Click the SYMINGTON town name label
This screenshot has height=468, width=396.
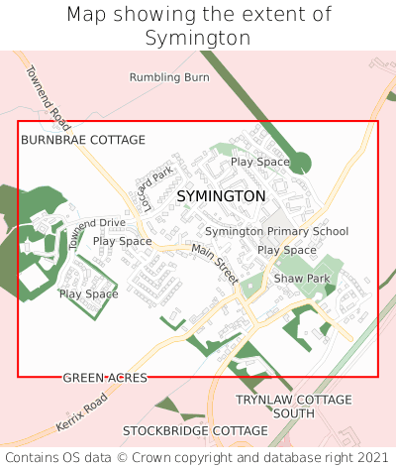pyautogui.click(x=221, y=196)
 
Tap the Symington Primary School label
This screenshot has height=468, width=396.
pyautogui.click(x=276, y=231)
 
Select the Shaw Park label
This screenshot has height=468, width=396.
pyautogui.click(x=302, y=279)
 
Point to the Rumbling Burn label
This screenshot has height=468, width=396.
pyautogui.click(x=169, y=76)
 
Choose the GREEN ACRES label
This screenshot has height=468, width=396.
pyautogui.click(x=105, y=378)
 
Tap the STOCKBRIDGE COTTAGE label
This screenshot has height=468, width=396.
pyautogui.click(x=195, y=431)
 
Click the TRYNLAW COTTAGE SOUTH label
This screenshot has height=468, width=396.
pyautogui.click(x=293, y=406)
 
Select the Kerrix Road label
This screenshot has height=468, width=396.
pyautogui.click(x=81, y=409)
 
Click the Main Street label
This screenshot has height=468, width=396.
pyautogui.click(x=215, y=264)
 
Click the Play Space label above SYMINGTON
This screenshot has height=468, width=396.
pyautogui.click(x=259, y=162)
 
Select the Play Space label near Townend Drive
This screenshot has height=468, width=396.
pyautogui.click(x=122, y=241)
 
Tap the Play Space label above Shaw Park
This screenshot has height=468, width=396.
pyautogui.click(x=286, y=250)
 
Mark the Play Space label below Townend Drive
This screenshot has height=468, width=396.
pyautogui.click(x=88, y=294)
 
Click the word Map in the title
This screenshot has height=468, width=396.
pyautogui.click(x=87, y=15)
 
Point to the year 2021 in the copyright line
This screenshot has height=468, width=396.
pyautogui.click(x=370, y=457)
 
